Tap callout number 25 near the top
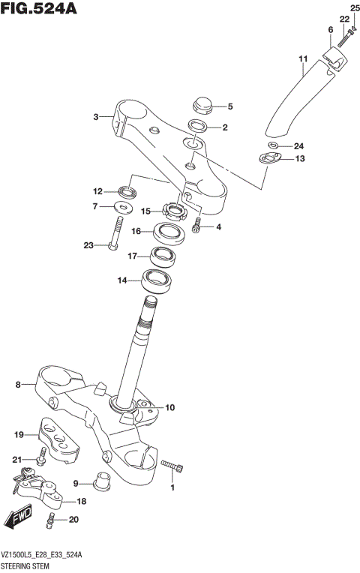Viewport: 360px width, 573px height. [x=355, y=7]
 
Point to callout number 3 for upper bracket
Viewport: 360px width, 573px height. [x=96, y=116]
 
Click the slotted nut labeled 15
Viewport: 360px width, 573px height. [x=174, y=212]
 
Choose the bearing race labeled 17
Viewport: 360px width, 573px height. [x=163, y=257]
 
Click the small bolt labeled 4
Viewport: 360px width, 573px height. [x=196, y=224]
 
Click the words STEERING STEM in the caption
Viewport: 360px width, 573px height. [x=27, y=565]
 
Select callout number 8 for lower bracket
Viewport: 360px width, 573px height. [x=19, y=385]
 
